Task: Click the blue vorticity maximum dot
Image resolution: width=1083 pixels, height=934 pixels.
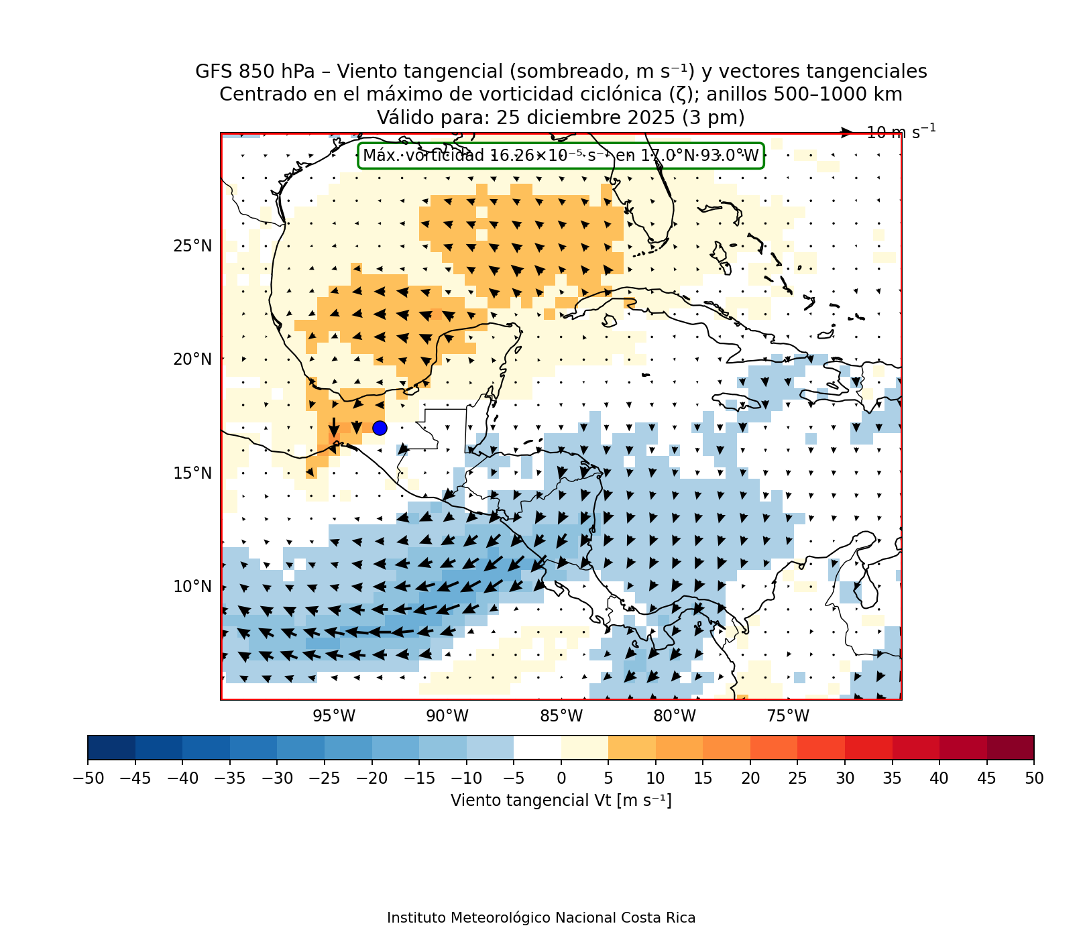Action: pyautogui.click(x=380, y=428)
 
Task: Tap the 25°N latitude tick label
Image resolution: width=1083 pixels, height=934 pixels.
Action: pyautogui.click(x=192, y=246)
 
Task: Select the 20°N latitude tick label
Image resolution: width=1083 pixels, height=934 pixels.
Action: pyautogui.click(x=192, y=359)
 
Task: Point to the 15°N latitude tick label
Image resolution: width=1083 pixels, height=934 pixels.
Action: pyautogui.click(x=192, y=473)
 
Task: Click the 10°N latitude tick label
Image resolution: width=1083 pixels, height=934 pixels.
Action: pyautogui.click(x=192, y=587)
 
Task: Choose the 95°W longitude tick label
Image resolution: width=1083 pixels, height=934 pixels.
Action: pyautogui.click(x=334, y=716)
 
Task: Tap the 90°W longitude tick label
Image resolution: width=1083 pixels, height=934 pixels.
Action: pyautogui.click(x=447, y=716)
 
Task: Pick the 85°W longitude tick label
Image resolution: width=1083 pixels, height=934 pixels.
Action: pyautogui.click(x=561, y=716)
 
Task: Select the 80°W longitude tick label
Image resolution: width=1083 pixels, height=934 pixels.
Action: pyautogui.click(x=675, y=716)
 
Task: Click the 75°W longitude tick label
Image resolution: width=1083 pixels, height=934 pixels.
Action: pyautogui.click(x=788, y=716)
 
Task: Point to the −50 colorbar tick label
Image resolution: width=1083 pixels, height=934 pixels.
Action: pyautogui.click(x=88, y=778)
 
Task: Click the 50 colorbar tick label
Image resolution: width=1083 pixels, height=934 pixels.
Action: pyautogui.click(x=1034, y=778)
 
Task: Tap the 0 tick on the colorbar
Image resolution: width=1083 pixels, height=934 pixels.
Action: pyautogui.click(x=561, y=778)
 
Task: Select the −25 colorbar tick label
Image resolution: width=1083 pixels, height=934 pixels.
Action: pyautogui.click(x=325, y=778)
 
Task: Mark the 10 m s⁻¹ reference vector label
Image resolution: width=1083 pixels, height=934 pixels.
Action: pyautogui.click(x=901, y=132)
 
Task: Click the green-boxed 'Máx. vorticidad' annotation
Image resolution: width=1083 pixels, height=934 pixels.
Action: pyautogui.click(x=561, y=156)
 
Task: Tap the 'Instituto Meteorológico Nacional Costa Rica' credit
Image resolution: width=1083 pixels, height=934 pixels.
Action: pyautogui.click(x=541, y=918)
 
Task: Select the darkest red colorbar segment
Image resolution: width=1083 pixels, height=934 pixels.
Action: pyautogui.click(x=1011, y=748)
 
